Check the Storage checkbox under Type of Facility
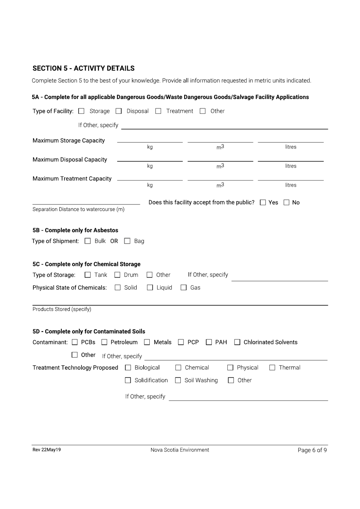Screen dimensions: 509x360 point(81,111)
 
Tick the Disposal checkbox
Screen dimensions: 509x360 point(119,111)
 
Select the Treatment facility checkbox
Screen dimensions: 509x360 point(158,111)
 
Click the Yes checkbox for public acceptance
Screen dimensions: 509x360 point(263,203)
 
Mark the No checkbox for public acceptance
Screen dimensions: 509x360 point(287,203)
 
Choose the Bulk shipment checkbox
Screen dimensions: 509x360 point(88,241)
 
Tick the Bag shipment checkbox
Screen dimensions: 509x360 point(127,241)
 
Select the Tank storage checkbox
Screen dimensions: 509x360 point(88,275)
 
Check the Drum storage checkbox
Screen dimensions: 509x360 point(117,275)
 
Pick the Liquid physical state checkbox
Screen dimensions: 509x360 point(150,288)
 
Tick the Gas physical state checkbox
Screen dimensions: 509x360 point(183,288)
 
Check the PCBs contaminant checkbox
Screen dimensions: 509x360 point(75,342)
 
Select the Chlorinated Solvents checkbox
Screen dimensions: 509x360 point(237,342)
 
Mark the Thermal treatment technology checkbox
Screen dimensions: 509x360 point(272,368)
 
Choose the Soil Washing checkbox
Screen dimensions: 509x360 point(178,380)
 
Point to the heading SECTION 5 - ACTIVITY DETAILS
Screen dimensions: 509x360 point(83,69)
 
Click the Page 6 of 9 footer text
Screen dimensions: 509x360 point(312,450)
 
